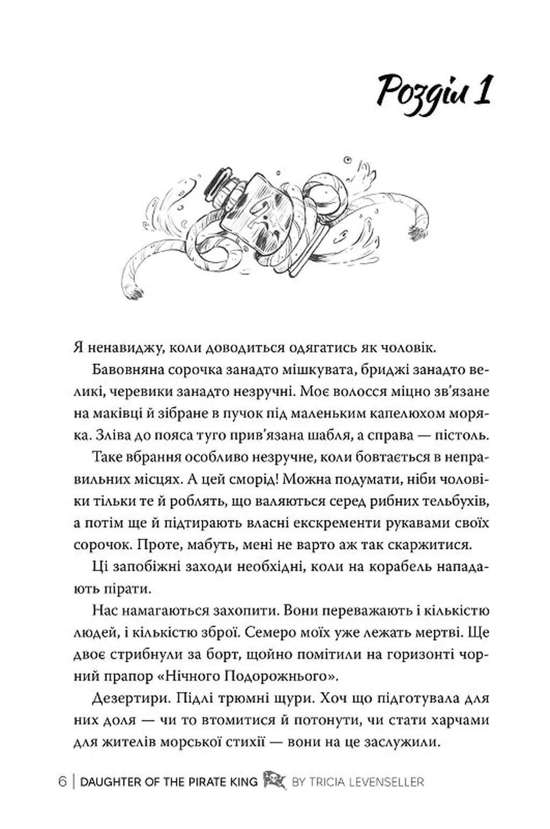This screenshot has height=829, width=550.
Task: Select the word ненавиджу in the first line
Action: pyautogui.click(x=116, y=348)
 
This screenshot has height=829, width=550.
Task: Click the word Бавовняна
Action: pyautogui.click(x=129, y=370)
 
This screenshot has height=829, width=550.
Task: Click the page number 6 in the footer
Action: pyautogui.click(x=63, y=782)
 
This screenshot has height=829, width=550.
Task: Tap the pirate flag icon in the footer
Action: pyautogui.click(x=274, y=781)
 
